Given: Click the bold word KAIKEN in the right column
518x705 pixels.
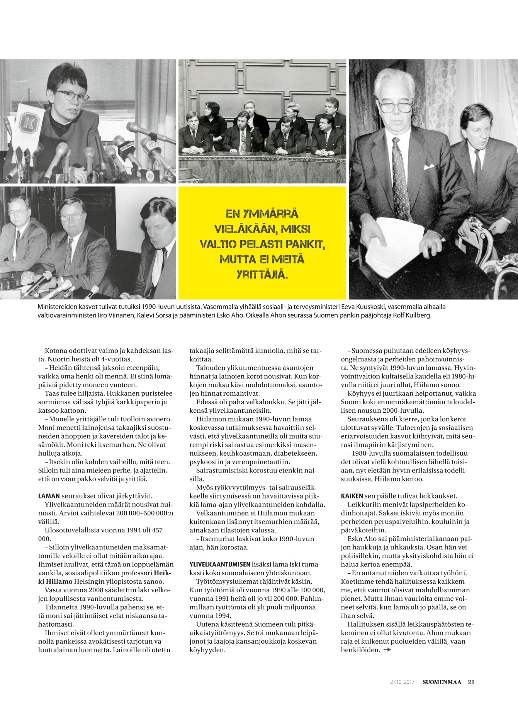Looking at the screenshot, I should (x=352, y=496).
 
